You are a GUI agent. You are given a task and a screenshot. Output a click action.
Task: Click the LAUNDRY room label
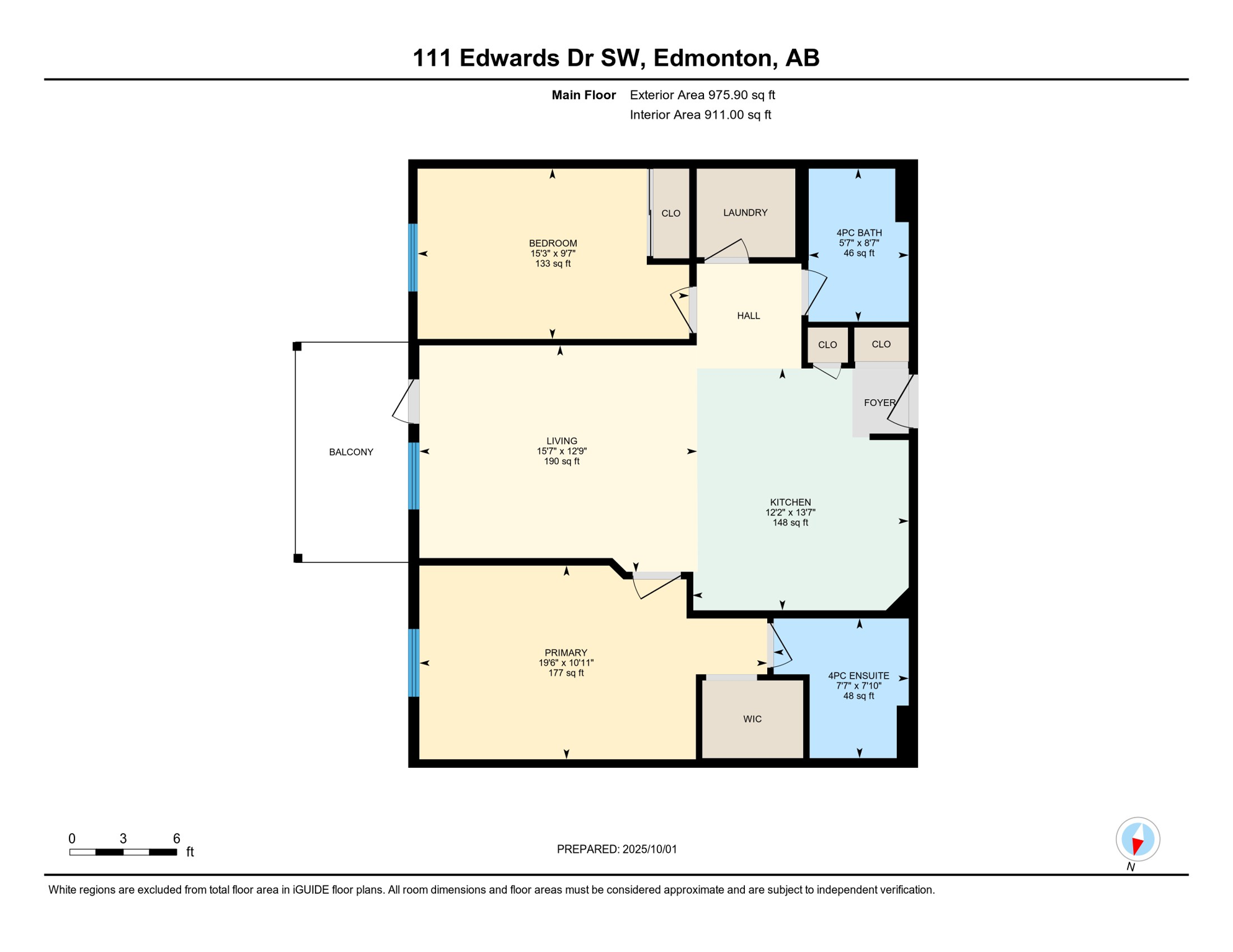click(x=745, y=213)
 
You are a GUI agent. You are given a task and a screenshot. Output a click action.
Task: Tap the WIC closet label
click(x=752, y=719)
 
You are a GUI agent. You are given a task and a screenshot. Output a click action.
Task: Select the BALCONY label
click(x=351, y=452)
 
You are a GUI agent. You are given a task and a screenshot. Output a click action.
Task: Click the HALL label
click(x=749, y=315)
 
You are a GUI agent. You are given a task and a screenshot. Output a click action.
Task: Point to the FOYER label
click(x=880, y=402)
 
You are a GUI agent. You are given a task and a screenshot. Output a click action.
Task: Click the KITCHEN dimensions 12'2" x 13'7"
click(x=790, y=512)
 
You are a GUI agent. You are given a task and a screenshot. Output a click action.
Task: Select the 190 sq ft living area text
click(x=562, y=461)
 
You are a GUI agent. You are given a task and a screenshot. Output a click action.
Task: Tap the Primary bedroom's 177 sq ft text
click(x=566, y=672)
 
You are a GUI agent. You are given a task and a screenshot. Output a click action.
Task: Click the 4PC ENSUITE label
click(x=858, y=676)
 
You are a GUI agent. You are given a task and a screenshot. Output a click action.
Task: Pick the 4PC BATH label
click(x=859, y=232)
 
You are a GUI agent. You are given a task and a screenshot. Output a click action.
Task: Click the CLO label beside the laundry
click(x=670, y=213)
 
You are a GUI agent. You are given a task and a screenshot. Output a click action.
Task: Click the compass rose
click(x=1137, y=839)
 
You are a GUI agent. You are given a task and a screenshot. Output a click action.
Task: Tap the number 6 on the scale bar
click(x=177, y=838)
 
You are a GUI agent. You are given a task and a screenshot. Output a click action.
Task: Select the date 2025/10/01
click(x=650, y=849)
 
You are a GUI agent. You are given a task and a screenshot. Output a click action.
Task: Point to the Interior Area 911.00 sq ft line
click(x=700, y=115)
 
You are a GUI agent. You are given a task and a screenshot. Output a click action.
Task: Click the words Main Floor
click(x=584, y=95)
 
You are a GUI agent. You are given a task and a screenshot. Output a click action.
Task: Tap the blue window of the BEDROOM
click(x=413, y=257)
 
